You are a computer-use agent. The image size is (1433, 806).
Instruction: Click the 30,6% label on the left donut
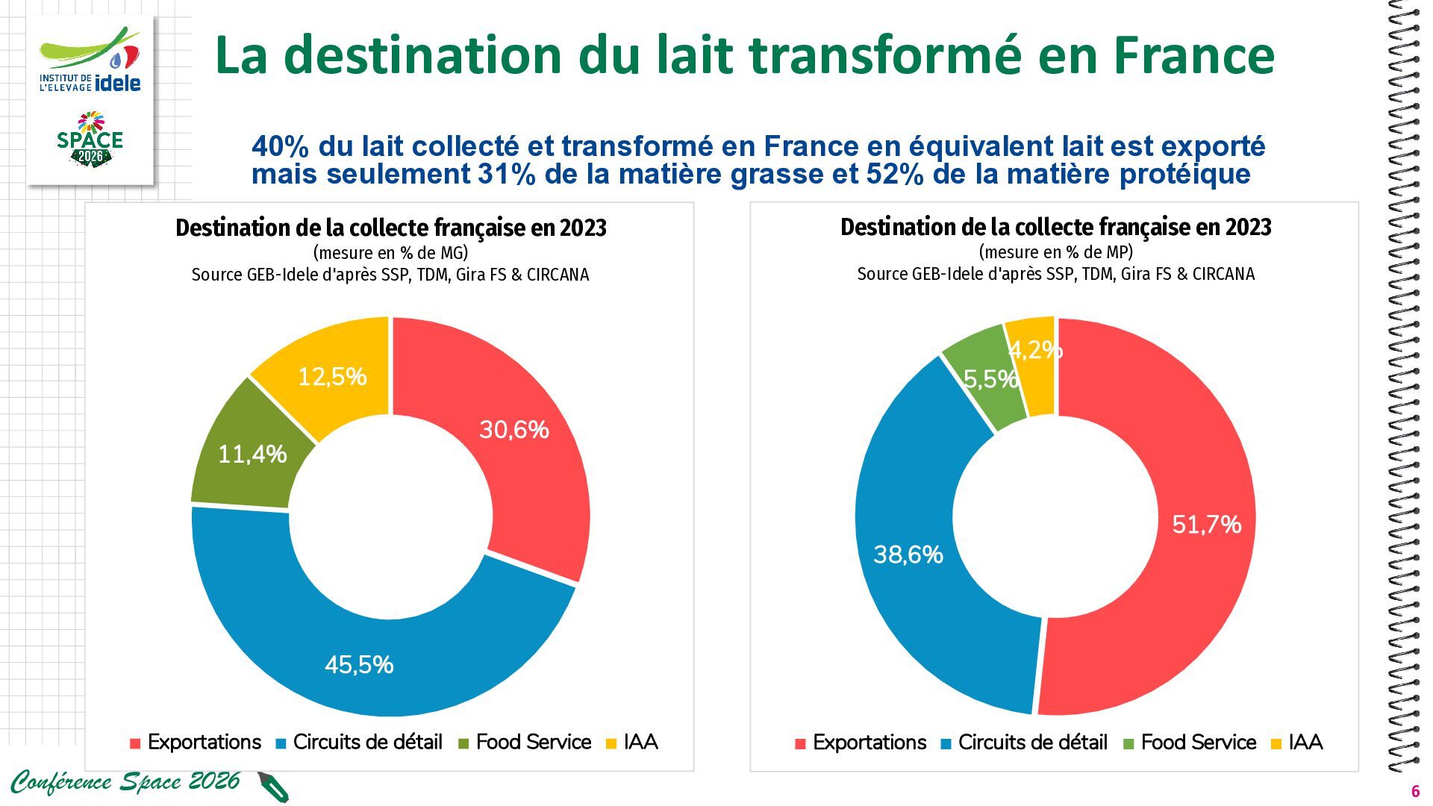click(x=513, y=429)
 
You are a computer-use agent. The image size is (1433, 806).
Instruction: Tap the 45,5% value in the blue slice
click(x=359, y=664)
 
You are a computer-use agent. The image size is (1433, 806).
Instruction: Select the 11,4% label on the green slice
click(x=252, y=454)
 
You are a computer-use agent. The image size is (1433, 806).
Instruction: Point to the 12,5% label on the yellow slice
click(x=332, y=376)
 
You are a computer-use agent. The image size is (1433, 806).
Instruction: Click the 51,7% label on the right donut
click(x=1207, y=524)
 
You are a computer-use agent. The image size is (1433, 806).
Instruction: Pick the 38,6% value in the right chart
click(x=908, y=554)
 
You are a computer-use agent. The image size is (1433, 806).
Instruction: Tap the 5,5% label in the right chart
click(x=991, y=379)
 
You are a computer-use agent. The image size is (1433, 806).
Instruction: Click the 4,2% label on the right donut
click(x=1035, y=349)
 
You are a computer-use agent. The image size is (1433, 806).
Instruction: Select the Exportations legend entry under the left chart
click(x=196, y=742)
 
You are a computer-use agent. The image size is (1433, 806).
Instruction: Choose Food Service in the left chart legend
click(x=525, y=742)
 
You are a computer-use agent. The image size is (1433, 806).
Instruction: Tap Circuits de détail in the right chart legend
click(x=1024, y=742)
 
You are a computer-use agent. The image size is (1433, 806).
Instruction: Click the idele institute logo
click(x=90, y=61)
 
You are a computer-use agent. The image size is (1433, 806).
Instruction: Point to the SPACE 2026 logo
click(x=90, y=140)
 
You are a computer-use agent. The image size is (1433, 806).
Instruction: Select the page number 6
click(x=1414, y=792)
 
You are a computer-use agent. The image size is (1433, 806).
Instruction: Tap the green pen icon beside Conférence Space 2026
click(x=273, y=787)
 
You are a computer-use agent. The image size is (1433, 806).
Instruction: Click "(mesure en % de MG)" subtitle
click(x=390, y=252)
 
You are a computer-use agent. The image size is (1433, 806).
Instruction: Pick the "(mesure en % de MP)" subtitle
click(x=1055, y=252)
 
